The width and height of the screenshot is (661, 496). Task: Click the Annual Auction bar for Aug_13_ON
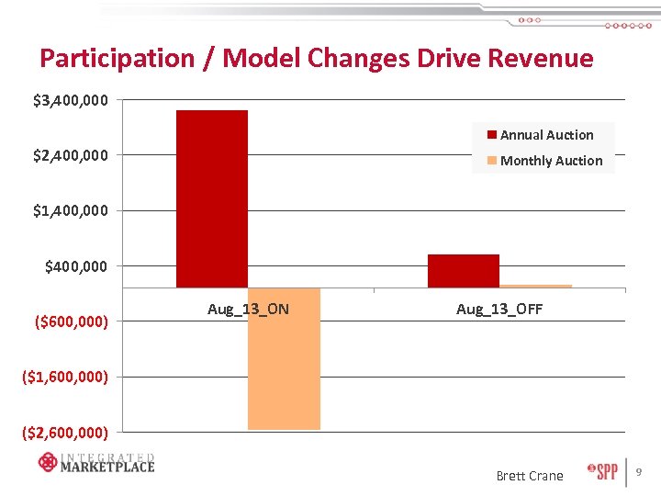point(212,198)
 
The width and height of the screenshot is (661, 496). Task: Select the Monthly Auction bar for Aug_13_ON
point(284,358)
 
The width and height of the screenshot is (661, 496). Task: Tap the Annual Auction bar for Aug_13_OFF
point(464,271)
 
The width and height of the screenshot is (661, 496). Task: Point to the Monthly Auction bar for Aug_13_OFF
point(536,287)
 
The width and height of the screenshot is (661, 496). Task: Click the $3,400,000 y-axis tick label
point(71,99)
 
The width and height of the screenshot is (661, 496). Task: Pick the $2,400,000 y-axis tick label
point(71,155)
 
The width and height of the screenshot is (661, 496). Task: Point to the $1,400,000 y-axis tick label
point(71,210)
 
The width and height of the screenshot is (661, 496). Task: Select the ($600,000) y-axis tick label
point(72,321)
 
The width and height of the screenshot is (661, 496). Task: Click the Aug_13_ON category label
point(248,309)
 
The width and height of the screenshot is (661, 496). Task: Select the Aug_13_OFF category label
point(499,309)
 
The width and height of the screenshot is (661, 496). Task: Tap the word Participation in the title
point(117,59)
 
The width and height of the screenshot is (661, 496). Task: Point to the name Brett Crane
point(530,476)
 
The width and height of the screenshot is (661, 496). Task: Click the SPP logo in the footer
point(602,472)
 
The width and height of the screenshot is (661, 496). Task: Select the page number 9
point(640,472)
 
